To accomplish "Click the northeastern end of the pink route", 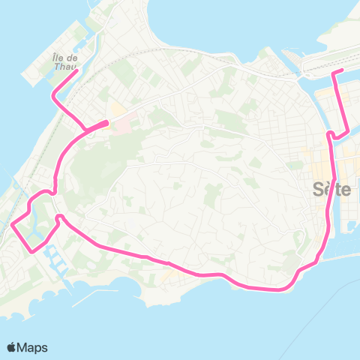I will [x=342, y=70].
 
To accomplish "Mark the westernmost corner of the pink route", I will [x=13, y=224].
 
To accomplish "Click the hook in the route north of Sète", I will [x=330, y=133].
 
